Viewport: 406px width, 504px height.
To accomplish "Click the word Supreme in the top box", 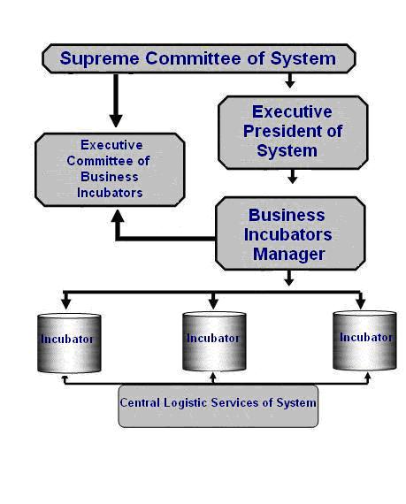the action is (99, 59).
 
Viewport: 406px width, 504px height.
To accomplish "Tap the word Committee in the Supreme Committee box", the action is (193, 58).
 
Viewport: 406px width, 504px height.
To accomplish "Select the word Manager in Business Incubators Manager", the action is (288, 255).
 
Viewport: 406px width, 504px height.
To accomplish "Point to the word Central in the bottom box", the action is (140, 402).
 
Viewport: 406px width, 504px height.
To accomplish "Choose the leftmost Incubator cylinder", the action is (69, 343).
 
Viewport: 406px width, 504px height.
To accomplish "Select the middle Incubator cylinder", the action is (214, 341).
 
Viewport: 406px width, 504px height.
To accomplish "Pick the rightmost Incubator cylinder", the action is (364, 340).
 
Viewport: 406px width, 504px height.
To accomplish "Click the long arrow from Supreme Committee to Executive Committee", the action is (116, 100).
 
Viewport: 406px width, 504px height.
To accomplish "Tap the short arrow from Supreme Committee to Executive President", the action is (289, 80).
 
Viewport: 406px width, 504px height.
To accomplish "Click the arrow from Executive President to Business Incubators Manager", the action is (292, 177).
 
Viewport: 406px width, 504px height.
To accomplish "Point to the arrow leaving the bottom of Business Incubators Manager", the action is (288, 278).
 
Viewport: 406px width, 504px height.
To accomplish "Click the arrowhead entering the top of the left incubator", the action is (66, 304).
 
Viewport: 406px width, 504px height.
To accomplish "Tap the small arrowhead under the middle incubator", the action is (212, 376).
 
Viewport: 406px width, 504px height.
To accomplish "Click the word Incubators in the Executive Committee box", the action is (110, 193).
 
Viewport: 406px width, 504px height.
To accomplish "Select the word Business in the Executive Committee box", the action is (110, 177).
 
